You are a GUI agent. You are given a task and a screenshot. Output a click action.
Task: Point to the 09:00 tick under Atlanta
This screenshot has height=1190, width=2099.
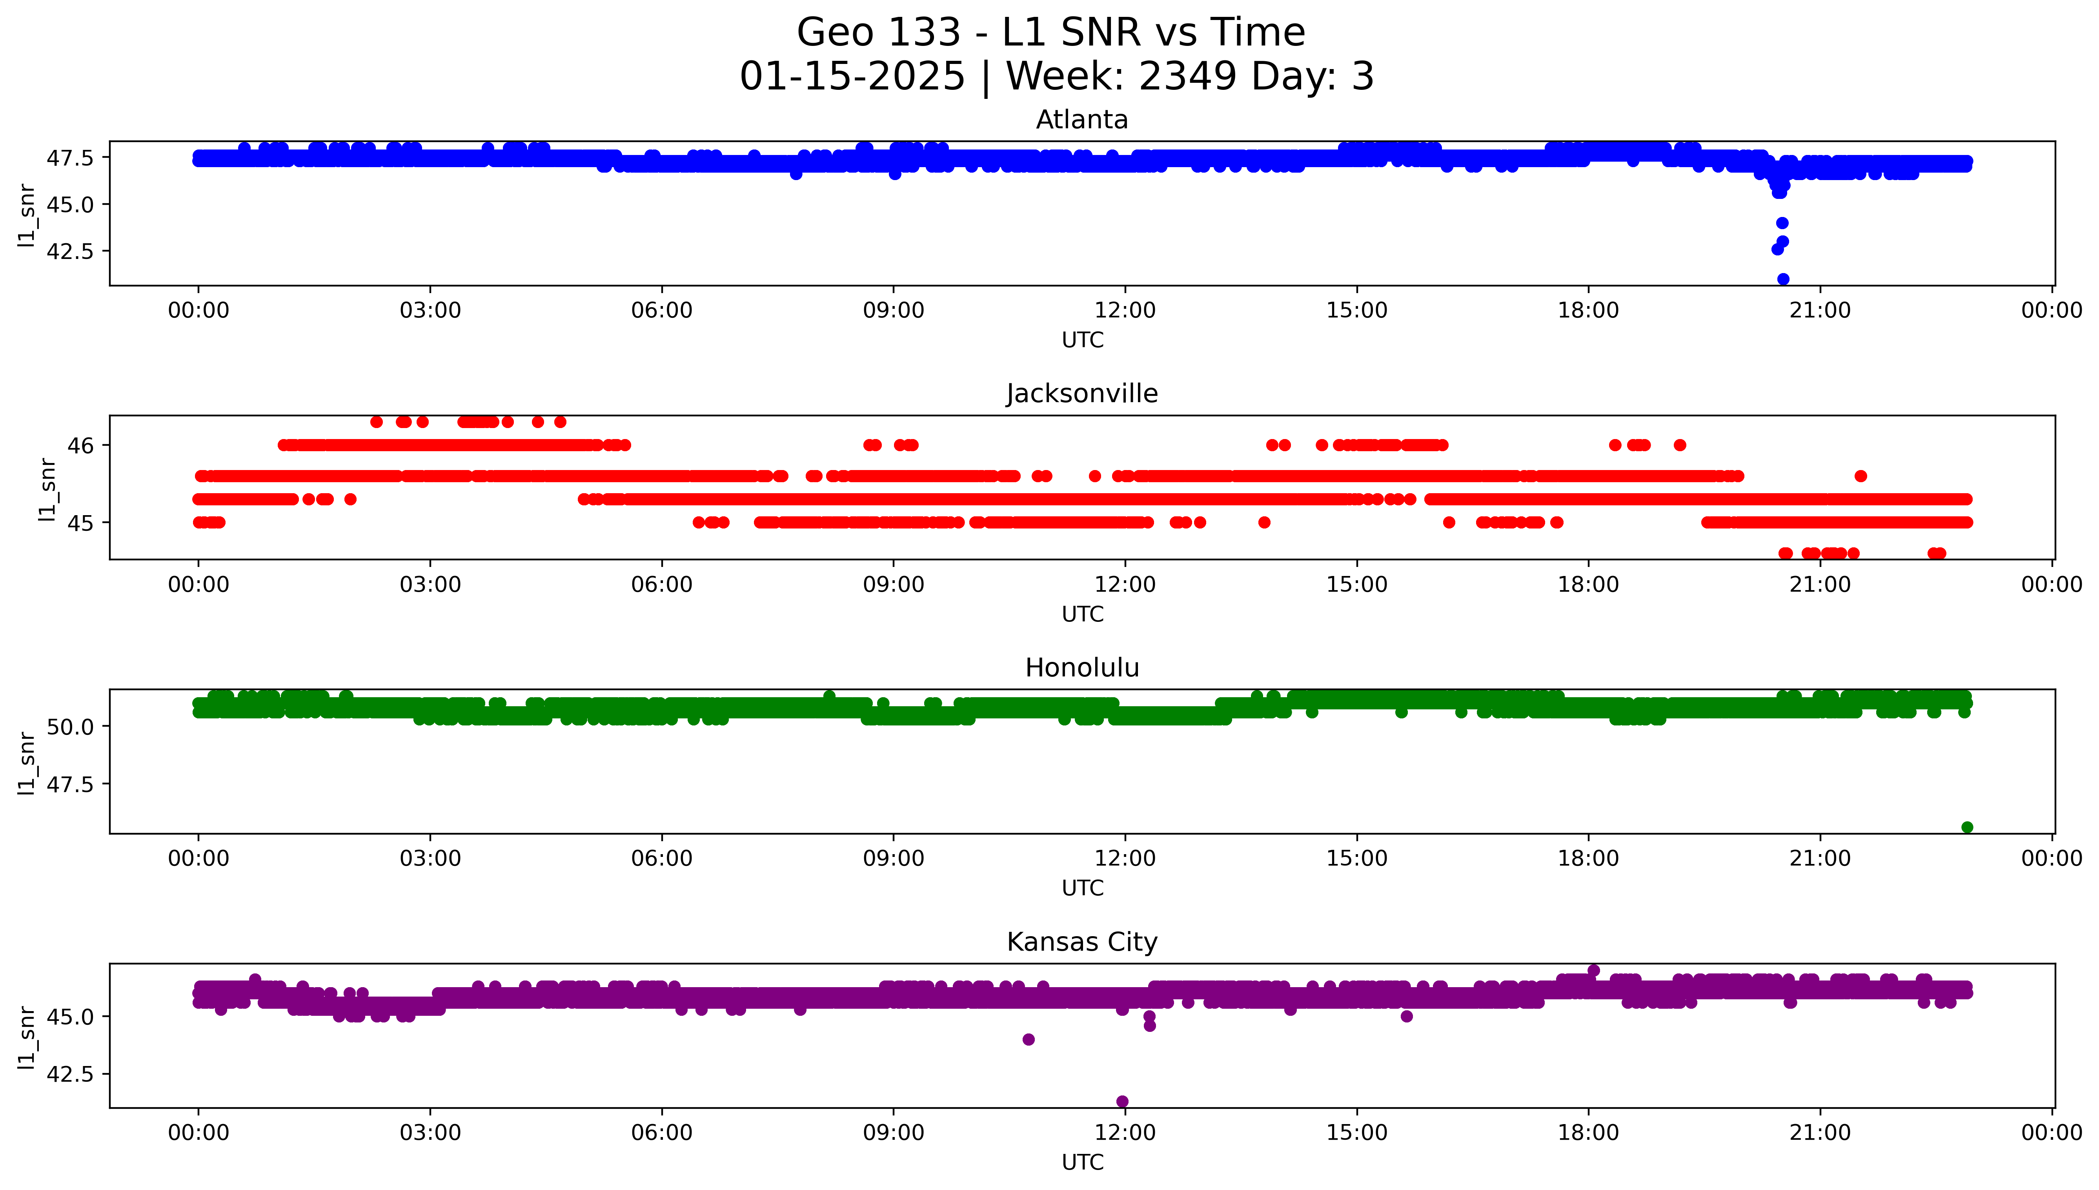[x=893, y=311]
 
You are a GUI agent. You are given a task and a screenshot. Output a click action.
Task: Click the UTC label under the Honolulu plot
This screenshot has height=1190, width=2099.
[x=1082, y=887]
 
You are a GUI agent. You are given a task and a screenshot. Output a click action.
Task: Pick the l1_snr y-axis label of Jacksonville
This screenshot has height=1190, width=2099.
[x=47, y=489]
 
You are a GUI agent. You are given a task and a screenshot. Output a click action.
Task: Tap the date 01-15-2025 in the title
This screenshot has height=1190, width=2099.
[x=852, y=76]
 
